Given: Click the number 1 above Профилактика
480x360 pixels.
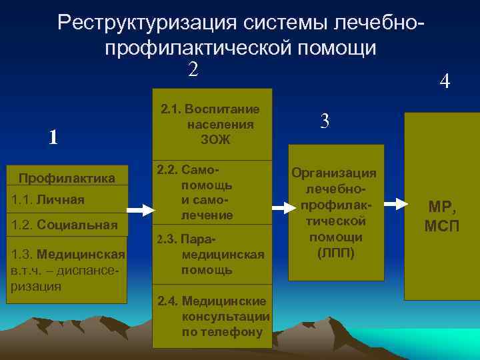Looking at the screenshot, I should coord(53,137).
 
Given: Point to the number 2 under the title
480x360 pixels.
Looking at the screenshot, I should coord(193,69).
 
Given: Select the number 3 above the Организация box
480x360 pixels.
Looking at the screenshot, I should coord(325,121).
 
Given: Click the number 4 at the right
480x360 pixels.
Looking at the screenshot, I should coord(445,83).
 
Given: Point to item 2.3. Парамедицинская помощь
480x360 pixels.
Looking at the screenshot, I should coord(210,254).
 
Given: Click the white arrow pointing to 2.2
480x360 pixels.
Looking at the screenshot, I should coord(141,210).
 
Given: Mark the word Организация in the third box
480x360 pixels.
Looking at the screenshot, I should coord(335,173).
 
